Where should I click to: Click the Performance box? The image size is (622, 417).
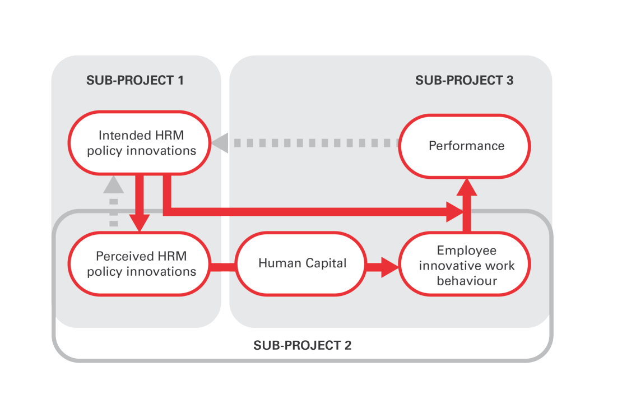(x=465, y=146)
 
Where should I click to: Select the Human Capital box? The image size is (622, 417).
(x=303, y=263)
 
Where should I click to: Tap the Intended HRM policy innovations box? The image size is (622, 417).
(x=140, y=143)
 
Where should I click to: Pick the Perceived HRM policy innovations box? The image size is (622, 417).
(x=140, y=264)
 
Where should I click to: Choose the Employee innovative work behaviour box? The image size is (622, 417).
(x=465, y=265)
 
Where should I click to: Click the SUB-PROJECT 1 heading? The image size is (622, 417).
(x=135, y=80)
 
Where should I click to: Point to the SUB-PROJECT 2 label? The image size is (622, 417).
(x=302, y=345)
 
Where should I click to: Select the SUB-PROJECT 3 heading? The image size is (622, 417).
(x=464, y=80)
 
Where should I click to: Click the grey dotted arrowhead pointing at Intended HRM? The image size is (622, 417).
(x=220, y=143)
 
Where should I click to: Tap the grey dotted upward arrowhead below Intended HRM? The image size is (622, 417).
(x=114, y=184)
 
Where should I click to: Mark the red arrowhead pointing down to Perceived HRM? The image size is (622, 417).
(x=139, y=223)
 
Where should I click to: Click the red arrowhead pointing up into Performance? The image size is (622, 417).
(x=466, y=187)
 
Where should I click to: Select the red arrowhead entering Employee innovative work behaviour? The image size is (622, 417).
(x=390, y=267)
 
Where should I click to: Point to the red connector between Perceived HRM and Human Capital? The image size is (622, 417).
(x=222, y=267)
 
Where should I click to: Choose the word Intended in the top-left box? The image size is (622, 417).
(x=117, y=135)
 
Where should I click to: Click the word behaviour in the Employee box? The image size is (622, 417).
(x=466, y=280)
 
